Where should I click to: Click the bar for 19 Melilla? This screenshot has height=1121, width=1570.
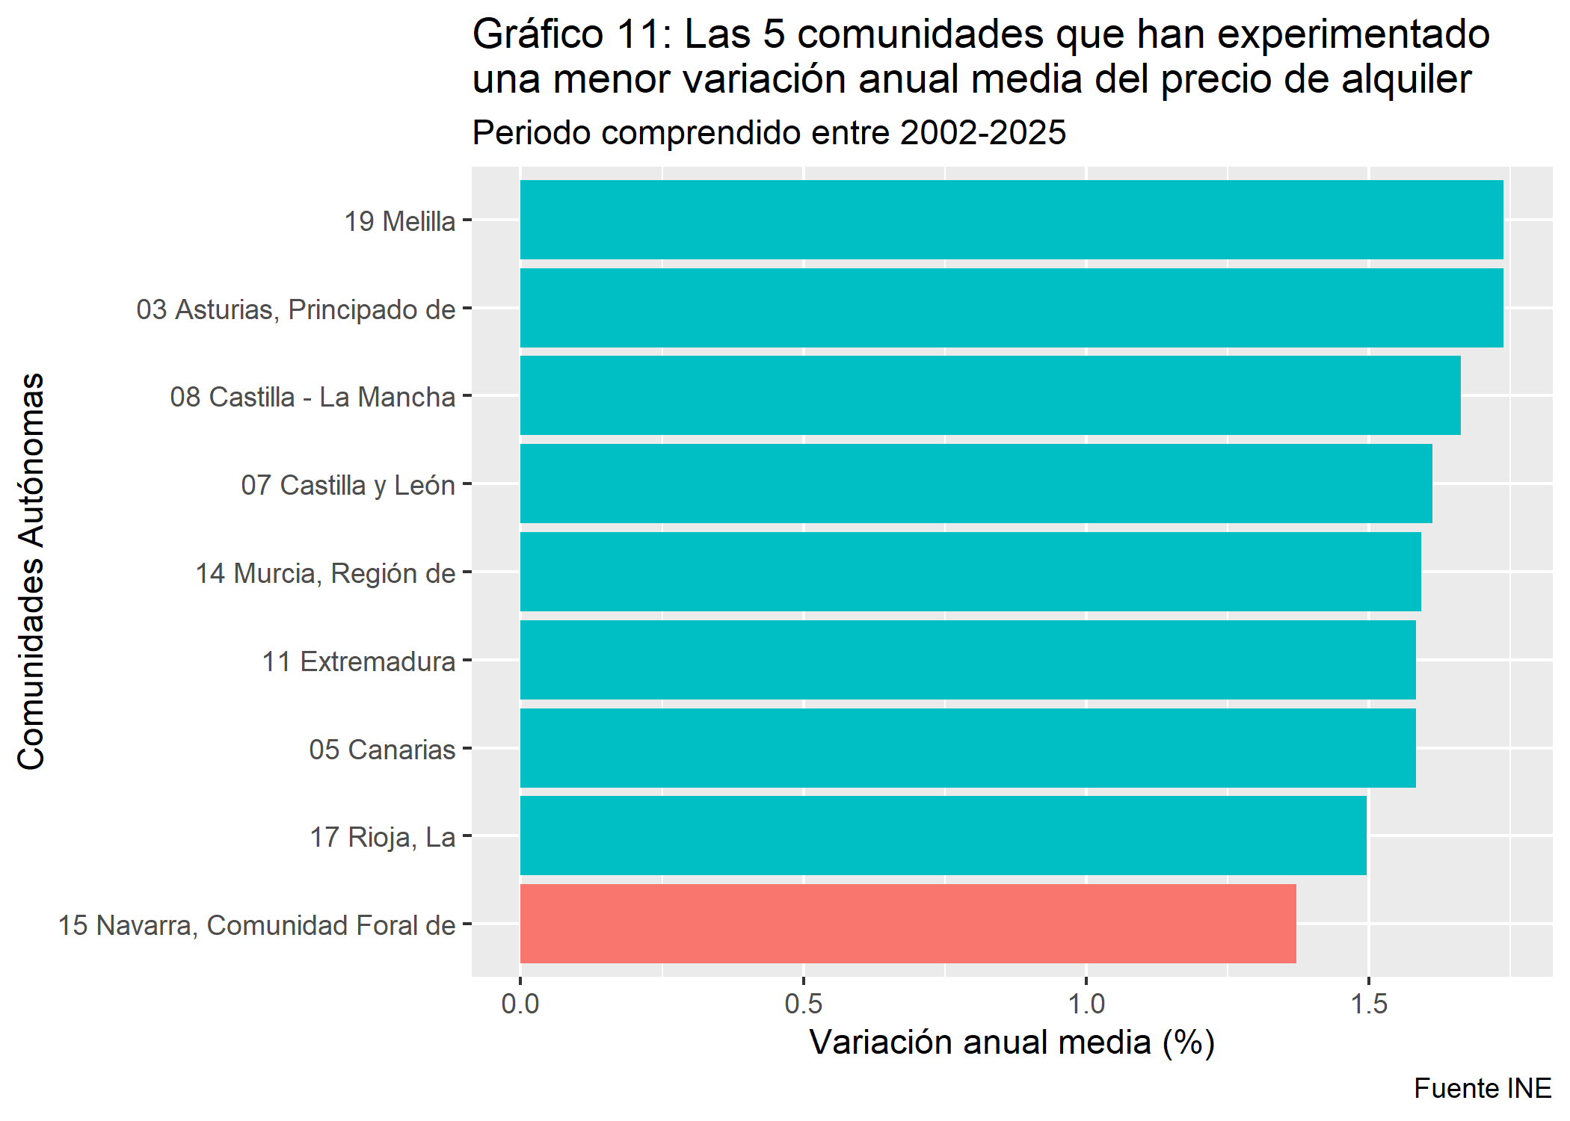tap(1011, 220)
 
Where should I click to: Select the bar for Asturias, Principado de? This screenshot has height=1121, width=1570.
tap(1011, 308)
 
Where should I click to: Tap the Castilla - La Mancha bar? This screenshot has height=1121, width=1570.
tap(990, 395)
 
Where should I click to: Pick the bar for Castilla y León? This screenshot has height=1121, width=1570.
tap(976, 484)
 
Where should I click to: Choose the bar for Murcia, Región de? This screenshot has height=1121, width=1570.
tap(970, 572)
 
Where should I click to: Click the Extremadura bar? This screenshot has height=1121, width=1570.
tap(967, 660)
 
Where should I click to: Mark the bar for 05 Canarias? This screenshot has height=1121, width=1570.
tap(967, 748)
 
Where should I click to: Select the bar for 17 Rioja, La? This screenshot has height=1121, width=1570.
tap(943, 836)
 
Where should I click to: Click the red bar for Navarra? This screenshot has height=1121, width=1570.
tap(908, 924)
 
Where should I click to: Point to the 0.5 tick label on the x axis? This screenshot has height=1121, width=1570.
tap(803, 1004)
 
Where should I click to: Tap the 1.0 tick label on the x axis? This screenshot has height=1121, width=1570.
tap(1086, 1004)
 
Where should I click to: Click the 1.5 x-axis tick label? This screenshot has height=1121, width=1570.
tap(1368, 1004)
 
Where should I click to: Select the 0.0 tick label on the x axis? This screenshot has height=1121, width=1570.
tap(520, 1004)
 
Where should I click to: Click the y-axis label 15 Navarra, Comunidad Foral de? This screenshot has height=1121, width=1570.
tap(256, 925)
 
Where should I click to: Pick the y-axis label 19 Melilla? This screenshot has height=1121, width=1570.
tap(399, 222)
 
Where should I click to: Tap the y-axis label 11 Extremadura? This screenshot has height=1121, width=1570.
tap(358, 661)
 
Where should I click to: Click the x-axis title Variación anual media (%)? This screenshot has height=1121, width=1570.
tap(1012, 1043)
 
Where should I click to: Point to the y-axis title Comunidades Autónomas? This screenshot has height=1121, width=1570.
tap(31, 571)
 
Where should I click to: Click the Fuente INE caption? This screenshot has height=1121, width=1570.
tap(1482, 1089)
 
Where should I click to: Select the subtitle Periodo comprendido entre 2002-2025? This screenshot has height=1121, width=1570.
tap(769, 133)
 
